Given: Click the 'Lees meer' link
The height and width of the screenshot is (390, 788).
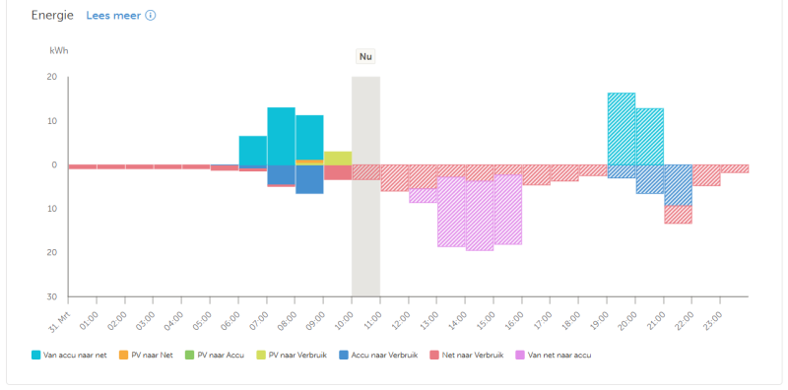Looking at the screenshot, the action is pyautogui.click(x=113, y=15).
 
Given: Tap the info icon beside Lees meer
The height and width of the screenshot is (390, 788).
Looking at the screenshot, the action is pyautogui.click(x=151, y=15).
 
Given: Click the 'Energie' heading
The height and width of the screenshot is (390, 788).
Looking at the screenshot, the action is pyautogui.click(x=52, y=15).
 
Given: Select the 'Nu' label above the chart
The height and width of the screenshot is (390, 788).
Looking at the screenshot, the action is pyautogui.click(x=365, y=56).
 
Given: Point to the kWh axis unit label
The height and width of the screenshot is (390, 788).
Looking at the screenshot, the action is pyautogui.click(x=59, y=50).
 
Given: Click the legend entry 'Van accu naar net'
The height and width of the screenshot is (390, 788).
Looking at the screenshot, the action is pyautogui.click(x=69, y=355).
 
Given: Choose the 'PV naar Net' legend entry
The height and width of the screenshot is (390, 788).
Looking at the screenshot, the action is pyautogui.click(x=146, y=355).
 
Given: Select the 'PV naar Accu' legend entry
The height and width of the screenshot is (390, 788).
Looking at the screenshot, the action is pyautogui.click(x=214, y=355).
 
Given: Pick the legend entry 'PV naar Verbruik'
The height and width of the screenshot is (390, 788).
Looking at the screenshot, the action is pyautogui.click(x=292, y=355).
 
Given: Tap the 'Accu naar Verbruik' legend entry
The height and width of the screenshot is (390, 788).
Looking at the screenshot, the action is pyautogui.click(x=378, y=355).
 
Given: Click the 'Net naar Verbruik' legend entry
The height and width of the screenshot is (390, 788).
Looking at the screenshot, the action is pyautogui.click(x=467, y=355).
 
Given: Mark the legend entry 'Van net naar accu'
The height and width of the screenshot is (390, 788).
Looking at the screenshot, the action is pyautogui.click(x=554, y=355).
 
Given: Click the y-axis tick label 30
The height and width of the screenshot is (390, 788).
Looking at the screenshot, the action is pyautogui.click(x=52, y=296).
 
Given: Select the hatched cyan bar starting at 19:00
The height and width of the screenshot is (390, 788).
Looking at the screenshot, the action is pyautogui.click(x=622, y=129).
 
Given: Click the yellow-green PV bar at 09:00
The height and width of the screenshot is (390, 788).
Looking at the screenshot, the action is pyautogui.click(x=338, y=159).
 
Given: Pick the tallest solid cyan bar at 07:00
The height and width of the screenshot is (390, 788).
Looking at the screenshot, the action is pyautogui.click(x=281, y=136).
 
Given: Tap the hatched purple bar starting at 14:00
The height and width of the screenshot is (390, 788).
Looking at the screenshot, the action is pyautogui.click(x=480, y=216).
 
